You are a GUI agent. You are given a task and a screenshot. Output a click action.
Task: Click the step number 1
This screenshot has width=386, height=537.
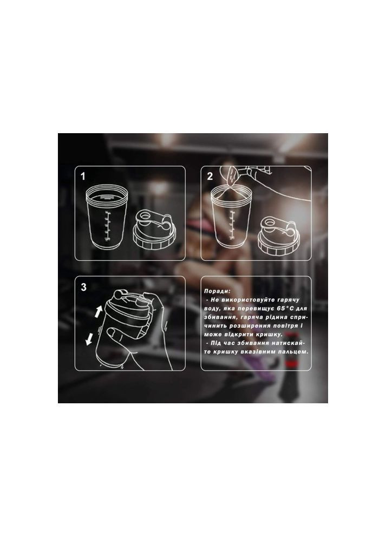pos(82,176)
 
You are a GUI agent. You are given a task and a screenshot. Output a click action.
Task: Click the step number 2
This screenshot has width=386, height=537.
pos(210,176)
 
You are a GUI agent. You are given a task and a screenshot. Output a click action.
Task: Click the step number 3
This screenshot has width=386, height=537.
pos(83,287)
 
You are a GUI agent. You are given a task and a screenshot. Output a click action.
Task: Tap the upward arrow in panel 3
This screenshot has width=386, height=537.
pos(99,312)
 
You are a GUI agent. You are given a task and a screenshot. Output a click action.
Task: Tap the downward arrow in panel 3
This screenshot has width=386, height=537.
pos(89,339)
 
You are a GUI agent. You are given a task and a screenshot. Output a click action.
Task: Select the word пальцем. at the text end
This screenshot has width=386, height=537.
pos(295,352)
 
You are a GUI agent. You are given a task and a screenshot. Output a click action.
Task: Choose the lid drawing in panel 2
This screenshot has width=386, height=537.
pos(279,237)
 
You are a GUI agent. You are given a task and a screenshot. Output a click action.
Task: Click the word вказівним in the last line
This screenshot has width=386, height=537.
pos(264,352)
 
